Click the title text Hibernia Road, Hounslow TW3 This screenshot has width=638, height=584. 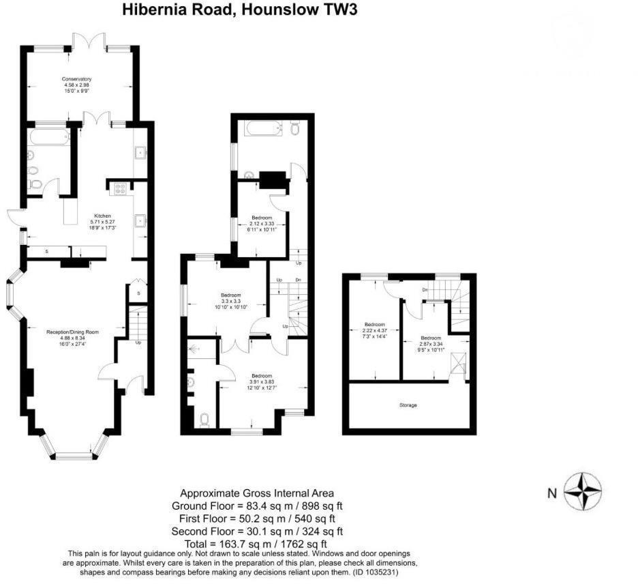[x=239, y=10]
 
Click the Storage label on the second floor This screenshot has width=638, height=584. [x=408, y=405]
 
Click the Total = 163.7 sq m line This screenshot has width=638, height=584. [x=257, y=544]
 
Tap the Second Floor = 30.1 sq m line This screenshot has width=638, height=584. [x=257, y=531]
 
